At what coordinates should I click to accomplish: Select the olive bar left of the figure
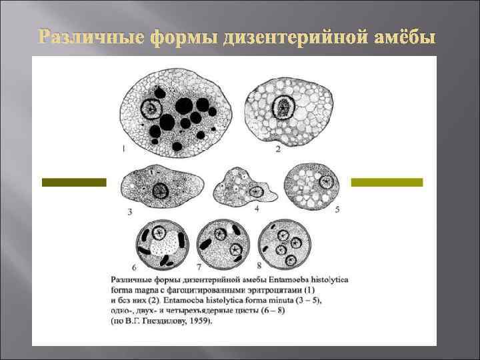73,181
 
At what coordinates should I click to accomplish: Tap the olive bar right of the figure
387,181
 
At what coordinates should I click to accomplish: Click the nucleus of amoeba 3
161,191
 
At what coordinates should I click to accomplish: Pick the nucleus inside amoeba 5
327,181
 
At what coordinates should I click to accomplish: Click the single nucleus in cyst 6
159,233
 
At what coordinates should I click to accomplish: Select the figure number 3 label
129,212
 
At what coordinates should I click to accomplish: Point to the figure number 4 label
257,209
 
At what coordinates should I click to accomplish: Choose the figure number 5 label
337,209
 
